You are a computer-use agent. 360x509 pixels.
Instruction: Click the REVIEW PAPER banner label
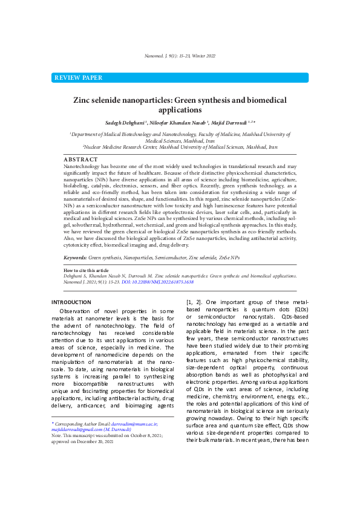point(78,78)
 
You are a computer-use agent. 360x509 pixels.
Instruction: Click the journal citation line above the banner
point(180,56)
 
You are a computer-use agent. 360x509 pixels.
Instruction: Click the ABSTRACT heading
point(80,159)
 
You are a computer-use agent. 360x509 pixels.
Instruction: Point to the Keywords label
point(75,258)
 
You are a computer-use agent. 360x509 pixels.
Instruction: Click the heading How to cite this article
point(86,270)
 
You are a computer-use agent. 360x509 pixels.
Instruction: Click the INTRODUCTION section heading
point(71,302)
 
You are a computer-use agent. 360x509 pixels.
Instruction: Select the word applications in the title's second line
point(180,111)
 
